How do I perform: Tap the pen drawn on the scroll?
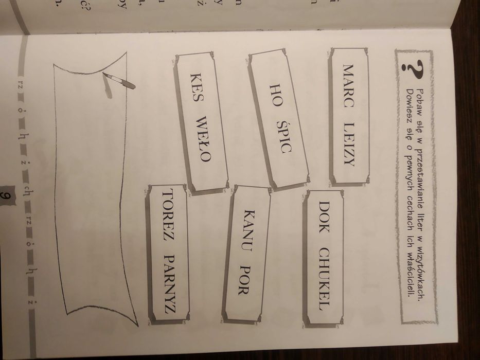point(119,81)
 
